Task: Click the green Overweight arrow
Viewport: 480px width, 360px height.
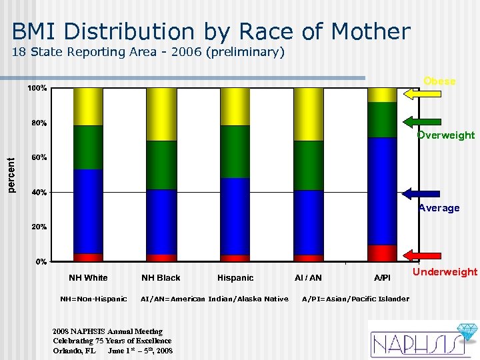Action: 419,122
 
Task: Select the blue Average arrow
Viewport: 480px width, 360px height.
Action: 419,193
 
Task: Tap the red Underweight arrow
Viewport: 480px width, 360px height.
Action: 419,255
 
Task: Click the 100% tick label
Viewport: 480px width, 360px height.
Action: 37,88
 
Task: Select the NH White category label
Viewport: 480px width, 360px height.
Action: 88,277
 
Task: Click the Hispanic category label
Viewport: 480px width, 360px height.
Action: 235,277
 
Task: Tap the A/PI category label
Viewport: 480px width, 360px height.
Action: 382,277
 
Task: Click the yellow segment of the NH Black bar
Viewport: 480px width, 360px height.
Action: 161,114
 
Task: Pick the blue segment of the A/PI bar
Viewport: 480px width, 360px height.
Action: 382,191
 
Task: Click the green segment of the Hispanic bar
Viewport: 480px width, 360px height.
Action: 235,151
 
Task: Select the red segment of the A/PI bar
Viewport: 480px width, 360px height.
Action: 382,253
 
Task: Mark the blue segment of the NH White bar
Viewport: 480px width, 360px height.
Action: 88,211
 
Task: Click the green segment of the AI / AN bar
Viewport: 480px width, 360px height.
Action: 308,165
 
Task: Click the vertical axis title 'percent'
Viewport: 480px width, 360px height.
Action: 11,175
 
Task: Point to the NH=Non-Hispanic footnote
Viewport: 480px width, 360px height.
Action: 93,299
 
